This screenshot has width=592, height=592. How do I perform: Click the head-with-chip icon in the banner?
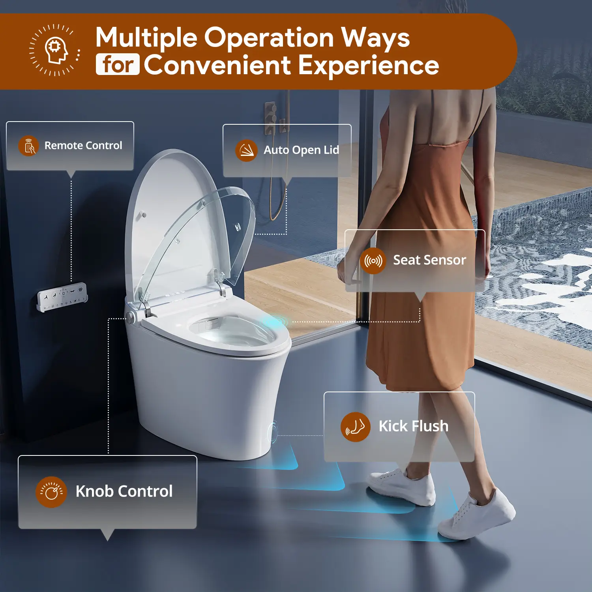[x=56, y=50]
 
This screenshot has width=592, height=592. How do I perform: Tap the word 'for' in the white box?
[x=118, y=64]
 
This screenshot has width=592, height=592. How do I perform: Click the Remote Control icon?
[x=28, y=146]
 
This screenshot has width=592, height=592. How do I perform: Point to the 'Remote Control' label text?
[x=83, y=146]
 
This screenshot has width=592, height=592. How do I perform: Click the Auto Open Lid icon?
[x=246, y=150]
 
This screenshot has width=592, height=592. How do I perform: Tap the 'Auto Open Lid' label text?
[x=301, y=150]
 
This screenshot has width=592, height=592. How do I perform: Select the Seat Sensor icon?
[x=373, y=261]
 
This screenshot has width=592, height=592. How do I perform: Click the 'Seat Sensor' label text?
[x=429, y=260]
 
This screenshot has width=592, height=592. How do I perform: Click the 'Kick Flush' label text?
[x=413, y=426]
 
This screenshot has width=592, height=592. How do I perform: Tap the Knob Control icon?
[x=51, y=492]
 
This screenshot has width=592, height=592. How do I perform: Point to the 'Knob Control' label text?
[x=124, y=491]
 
